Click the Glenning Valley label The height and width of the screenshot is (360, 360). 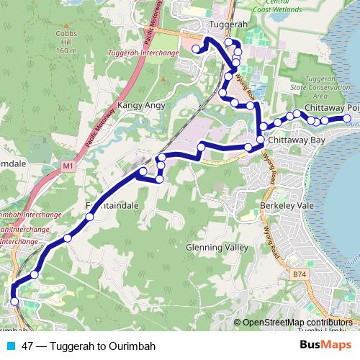tap(212, 247)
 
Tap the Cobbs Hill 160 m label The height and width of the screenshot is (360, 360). tap(66, 43)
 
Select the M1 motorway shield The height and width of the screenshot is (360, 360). tap(68, 167)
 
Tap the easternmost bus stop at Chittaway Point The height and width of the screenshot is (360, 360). tap(347, 119)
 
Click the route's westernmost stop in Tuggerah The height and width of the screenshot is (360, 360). tap(196, 49)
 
